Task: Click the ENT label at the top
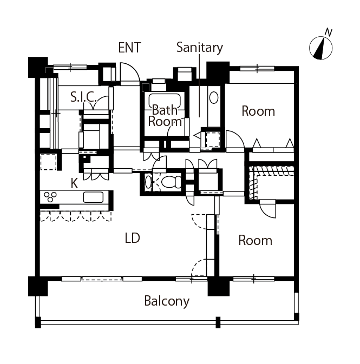click(129, 48)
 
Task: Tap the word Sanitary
click(199, 48)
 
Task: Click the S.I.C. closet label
click(83, 97)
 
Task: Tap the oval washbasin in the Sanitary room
click(213, 98)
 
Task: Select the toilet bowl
click(173, 181)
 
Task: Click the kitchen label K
click(74, 183)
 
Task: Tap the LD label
click(132, 238)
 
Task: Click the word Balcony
click(167, 301)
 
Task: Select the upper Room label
click(258, 111)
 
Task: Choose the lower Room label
click(256, 240)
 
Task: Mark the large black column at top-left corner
click(37, 67)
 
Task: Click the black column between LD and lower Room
click(218, 286)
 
